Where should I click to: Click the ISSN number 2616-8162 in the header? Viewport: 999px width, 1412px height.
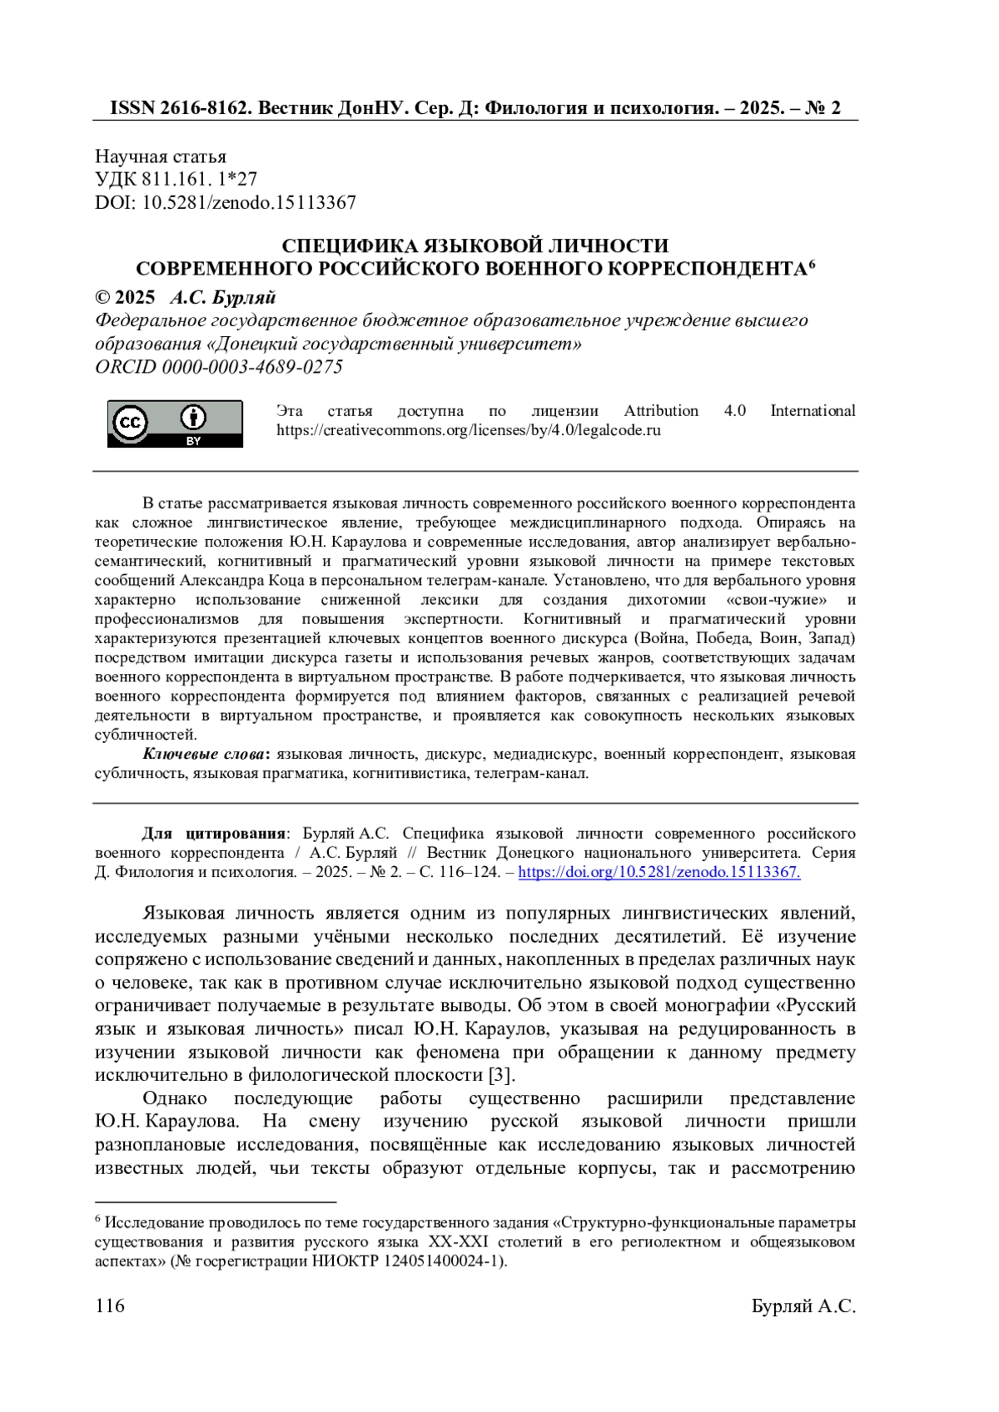pyautogui.click(x=204, y=108)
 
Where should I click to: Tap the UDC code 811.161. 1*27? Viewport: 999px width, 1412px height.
pyautogui.click(x=200, y=179)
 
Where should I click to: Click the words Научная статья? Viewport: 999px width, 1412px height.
pyautogui.click(x=161, y=156)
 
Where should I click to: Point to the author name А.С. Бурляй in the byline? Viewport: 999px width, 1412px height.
pyautogui.click(x=223, y=298)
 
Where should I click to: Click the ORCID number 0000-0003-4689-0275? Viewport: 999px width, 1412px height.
pyautogui.click(x=252, y=367)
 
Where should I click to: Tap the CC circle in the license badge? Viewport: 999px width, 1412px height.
pyautogui.click(x=130, y=423)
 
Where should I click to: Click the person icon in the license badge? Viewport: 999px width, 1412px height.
pyautogui.click(x=193, y=418)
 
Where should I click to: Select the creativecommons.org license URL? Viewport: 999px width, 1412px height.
pyautogui.click(x=469, y=431)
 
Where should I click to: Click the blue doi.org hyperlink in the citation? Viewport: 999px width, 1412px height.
pyautogui.click(x=659, y=872)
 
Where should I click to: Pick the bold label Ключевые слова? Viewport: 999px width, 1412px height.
pyautogui.click(x=204, y=754)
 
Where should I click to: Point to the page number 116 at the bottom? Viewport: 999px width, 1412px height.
pyautogui.click(x=110, y=1305)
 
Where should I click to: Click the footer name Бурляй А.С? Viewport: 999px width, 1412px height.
pyautogui.click(x=803, y=1306)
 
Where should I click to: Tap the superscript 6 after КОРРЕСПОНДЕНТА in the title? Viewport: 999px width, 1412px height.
pyautogui.click(x=812, y=265)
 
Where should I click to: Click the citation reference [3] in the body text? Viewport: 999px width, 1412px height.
pyautogui.click(x=498, y=1075)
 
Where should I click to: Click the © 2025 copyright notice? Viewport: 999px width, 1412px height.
pyautogui.click(x=125, y=298)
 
